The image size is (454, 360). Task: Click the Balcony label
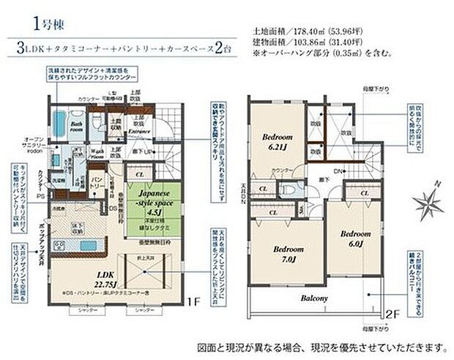313,299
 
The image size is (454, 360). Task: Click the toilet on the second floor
291,188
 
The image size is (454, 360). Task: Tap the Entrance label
139,131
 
